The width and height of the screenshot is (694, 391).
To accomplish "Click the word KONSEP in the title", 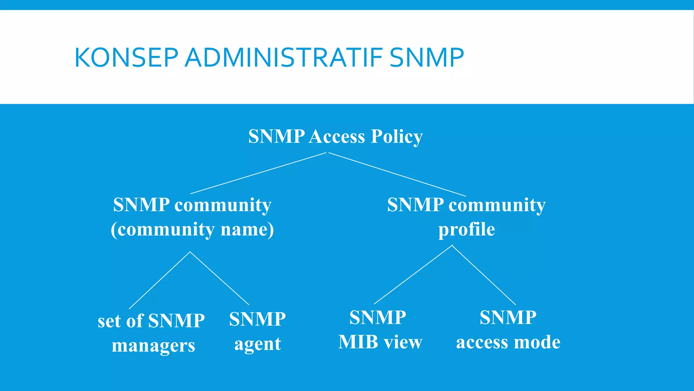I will (126, 58).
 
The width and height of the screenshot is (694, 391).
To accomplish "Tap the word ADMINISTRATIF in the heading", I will (284, 58).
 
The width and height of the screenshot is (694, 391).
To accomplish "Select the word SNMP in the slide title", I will (427, 58).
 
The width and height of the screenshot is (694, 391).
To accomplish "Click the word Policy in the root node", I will (396, 137).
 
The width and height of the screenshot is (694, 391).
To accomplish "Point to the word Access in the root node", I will (337, 137).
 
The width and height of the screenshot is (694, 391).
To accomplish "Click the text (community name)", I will (192, 230).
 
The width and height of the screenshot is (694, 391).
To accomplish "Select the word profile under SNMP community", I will (467, 230).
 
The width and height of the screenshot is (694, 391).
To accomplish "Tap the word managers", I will (154, 346).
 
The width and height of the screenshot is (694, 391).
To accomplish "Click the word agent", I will (258, 344).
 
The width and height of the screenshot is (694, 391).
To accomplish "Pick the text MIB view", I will (380, 342).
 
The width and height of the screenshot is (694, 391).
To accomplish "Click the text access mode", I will (508, 342).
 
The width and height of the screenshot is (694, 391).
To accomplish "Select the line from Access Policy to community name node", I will (258, 173).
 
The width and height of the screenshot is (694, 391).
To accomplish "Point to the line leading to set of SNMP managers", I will (160, 280).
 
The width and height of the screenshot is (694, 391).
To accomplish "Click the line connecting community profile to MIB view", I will (413, 275).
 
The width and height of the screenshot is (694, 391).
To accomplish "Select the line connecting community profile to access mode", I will (484, 275).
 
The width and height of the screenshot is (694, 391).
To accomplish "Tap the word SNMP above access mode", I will (508, 318).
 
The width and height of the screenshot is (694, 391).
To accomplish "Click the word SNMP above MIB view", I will (377, 318).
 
